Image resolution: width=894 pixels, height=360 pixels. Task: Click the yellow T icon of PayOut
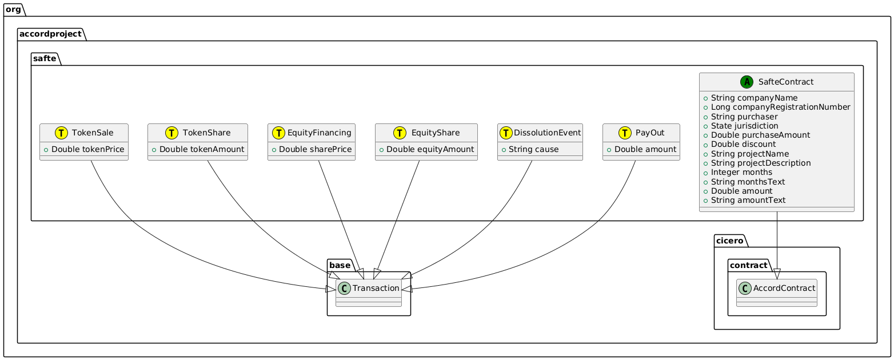click(x=621, y=133)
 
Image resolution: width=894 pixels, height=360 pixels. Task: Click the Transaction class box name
click(x=376, y=288)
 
